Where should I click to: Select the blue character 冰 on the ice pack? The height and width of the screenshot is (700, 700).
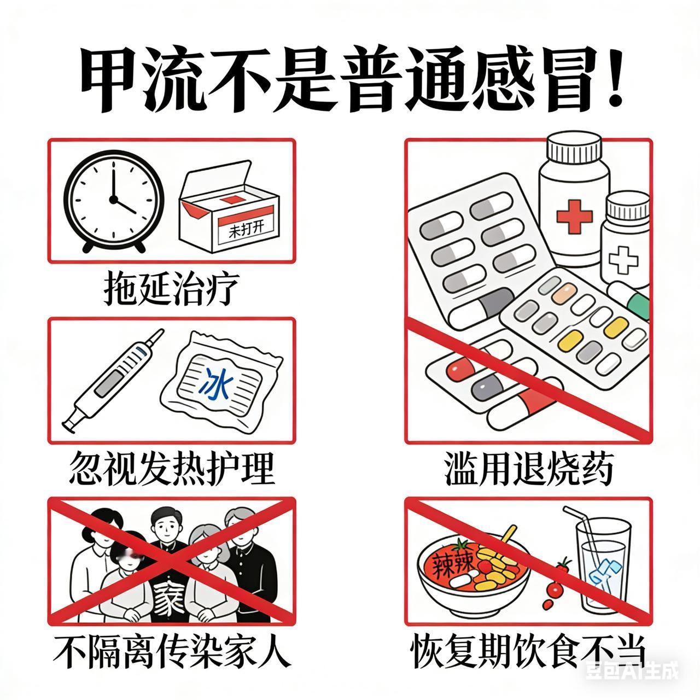(x=216, y=384)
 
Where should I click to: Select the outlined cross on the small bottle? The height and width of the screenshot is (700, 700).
(x=623, y=260)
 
